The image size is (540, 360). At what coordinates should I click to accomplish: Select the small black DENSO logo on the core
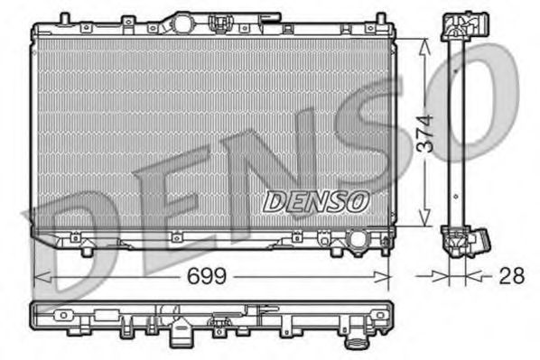tap(315, 201)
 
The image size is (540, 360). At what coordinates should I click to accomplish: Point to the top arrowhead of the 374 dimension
tap(425, 43)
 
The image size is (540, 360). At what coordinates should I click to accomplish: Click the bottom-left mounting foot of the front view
tap(86, 249)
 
